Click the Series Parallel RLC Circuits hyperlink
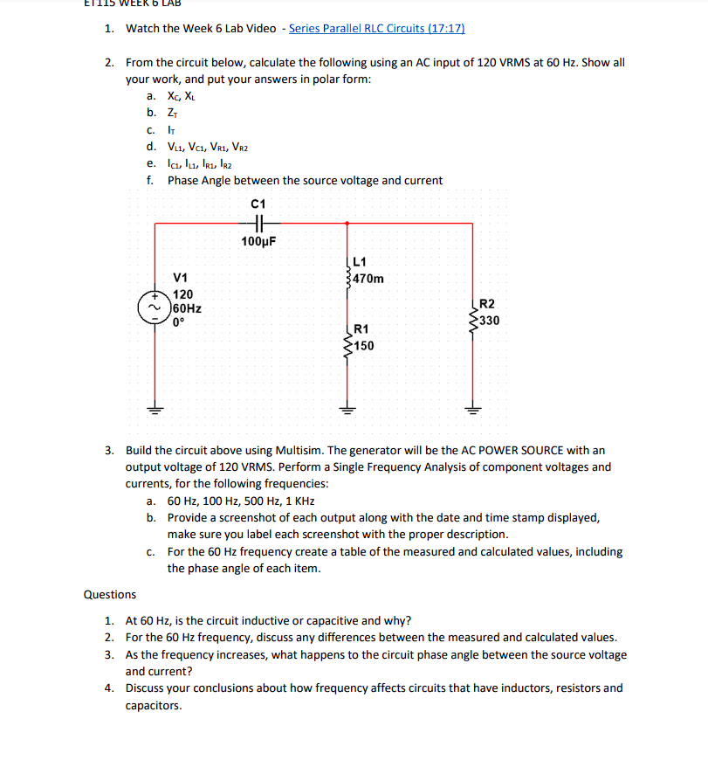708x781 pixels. [376, 28]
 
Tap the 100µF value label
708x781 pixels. [258, 241]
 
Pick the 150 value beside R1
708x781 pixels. [364, 346]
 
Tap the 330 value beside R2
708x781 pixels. [489, 321]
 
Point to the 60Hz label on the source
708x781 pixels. [189, 308]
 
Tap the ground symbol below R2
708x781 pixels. [474, 407]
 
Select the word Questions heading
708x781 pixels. [110, 594]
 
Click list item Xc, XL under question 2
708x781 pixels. [182, 96]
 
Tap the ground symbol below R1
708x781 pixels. [348, 407]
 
